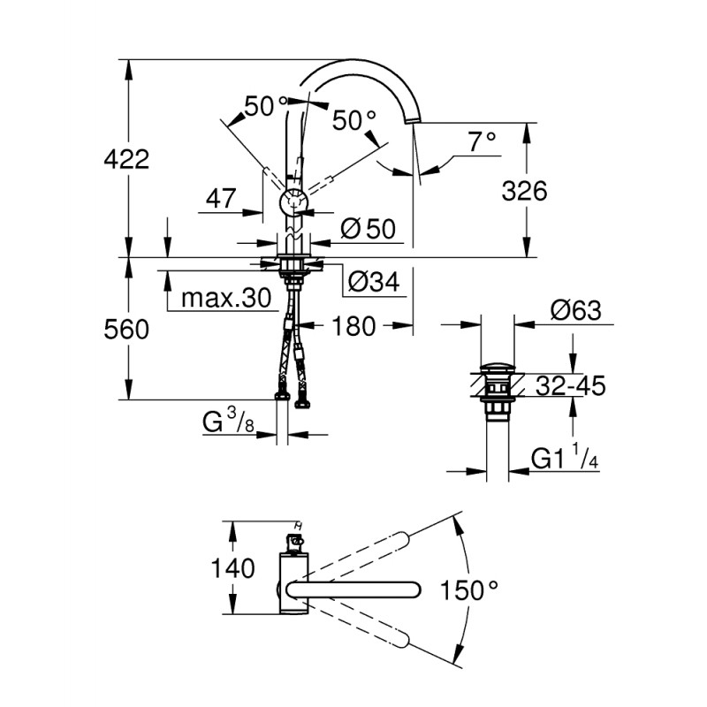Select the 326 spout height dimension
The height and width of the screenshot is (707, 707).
click(x=525, y=190)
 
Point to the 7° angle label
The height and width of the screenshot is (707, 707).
click(x=482, y=140)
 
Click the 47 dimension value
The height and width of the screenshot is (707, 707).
click(x=219, y=199)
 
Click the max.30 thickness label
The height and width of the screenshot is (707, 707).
click(x=226, y=299)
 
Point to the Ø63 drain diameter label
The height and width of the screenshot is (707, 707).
click(x=575, y=310)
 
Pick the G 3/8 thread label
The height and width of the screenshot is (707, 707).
click(x=229, y=423)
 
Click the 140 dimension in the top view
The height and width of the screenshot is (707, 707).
click(x=234, y=567)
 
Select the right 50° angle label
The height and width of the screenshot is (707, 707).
click(x=354, y=120)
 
